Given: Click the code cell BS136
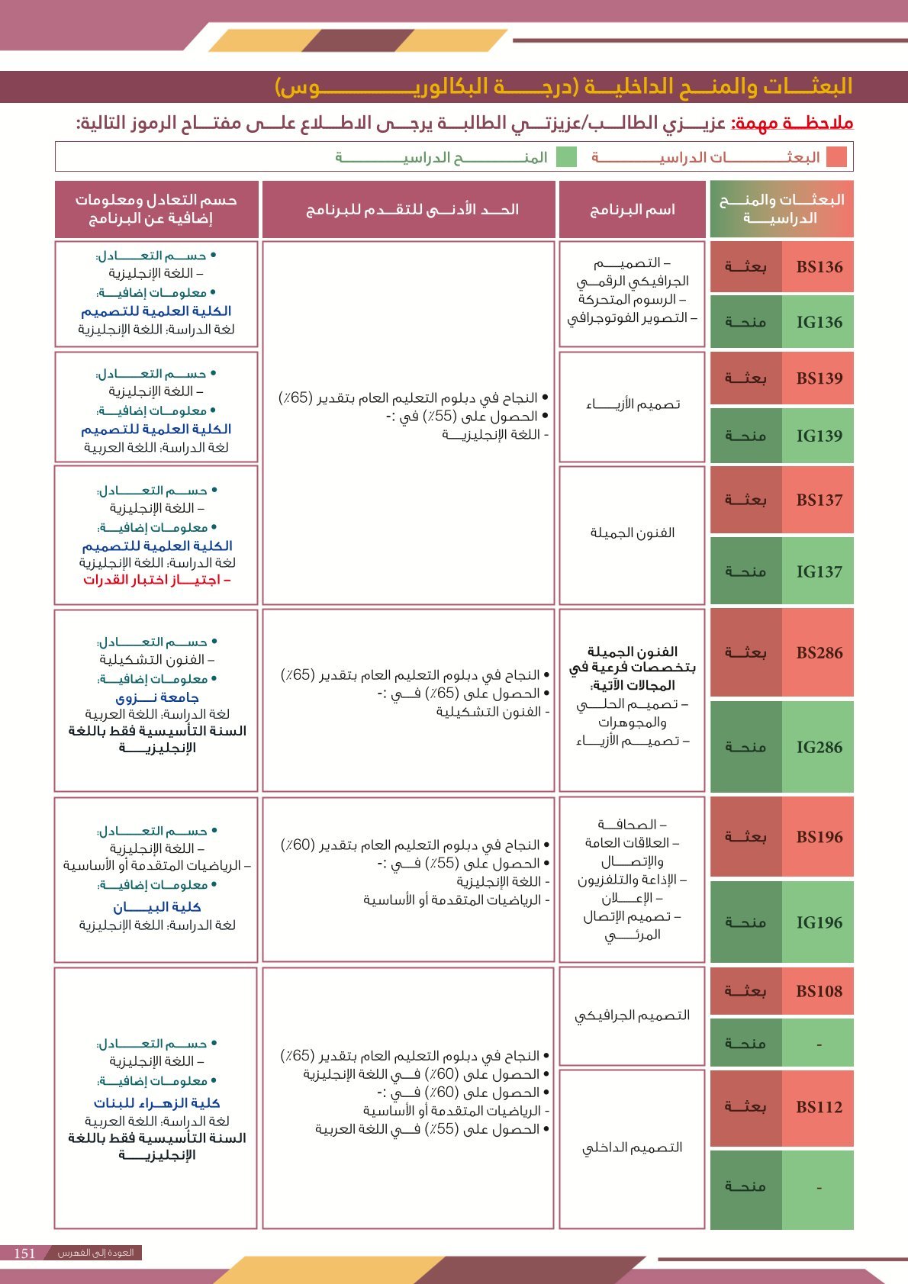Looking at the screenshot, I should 819,267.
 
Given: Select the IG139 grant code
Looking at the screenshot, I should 819,436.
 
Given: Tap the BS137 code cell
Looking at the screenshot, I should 819,500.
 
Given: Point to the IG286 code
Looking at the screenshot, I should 819,747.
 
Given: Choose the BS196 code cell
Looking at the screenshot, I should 819,837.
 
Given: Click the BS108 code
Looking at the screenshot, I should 819,991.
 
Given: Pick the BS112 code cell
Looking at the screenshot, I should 819,1107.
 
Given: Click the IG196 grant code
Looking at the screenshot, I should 819,922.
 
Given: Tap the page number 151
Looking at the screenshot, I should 25,1253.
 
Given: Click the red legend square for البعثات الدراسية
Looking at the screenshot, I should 836,157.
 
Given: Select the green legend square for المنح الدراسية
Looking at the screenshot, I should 566,157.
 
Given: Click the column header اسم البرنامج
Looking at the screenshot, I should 632,210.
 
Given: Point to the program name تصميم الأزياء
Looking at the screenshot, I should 632,404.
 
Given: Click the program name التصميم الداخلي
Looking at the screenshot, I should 632,1147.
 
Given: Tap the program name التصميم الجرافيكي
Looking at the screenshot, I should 632,1015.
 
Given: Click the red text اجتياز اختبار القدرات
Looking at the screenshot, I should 156,580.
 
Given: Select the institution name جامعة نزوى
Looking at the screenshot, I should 156,697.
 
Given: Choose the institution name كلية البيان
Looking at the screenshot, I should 156,907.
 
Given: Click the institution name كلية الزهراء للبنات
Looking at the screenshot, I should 156,1103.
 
